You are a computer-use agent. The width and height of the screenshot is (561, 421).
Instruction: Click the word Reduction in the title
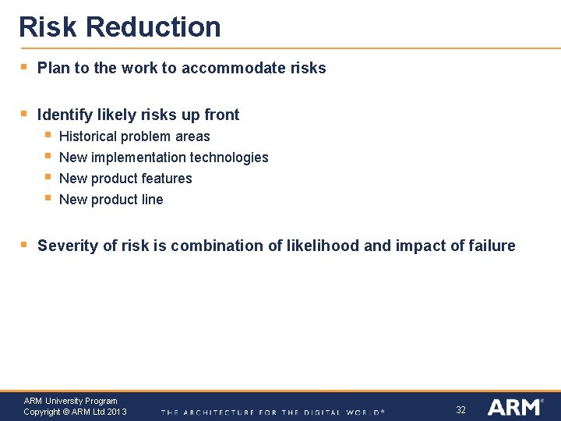pyautogui.click(x=153, y=27)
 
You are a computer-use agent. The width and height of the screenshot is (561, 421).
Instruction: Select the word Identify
pyautogui.click(x=65, y=115)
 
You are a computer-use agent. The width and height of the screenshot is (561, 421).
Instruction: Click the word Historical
pyautogui.click(x=88, y=136)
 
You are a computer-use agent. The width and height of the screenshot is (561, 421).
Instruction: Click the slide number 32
pyautogui.click(x=460, y=410)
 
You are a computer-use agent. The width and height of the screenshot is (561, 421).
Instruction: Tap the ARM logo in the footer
pyautogui.click(x=514, y=407)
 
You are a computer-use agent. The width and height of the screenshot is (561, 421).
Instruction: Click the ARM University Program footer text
pyautogui.click(x=70, y=401)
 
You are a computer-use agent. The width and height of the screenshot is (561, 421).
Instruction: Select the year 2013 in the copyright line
pyautogui.click(x=117, y=412)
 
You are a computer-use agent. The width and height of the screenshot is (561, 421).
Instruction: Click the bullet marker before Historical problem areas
pyautogui.click(x=48, y=136)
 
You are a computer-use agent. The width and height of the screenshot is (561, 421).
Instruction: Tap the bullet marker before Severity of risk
pyautogui.click(x=23, y=245)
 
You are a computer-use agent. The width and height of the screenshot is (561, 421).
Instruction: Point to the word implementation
pyautogui.click(x=139, y=157)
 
